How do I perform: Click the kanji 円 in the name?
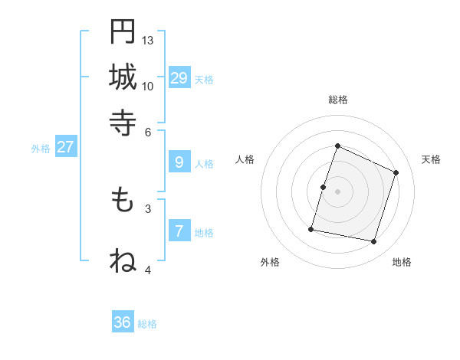123,31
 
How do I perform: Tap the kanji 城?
123,77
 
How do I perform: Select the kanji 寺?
123,121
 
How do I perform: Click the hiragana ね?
123,260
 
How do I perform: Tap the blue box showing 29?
179,77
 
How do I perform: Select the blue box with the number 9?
179,162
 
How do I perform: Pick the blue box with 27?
65,147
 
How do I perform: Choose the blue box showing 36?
123,322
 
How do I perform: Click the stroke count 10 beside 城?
148,86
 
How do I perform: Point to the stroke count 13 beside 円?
148,40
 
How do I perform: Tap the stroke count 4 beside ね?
148,270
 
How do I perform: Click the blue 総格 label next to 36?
148,324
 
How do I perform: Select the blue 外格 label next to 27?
41,149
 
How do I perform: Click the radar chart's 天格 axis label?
431,159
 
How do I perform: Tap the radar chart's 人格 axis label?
245,159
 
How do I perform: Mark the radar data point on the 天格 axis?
396,172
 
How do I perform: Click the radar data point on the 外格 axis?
311,228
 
